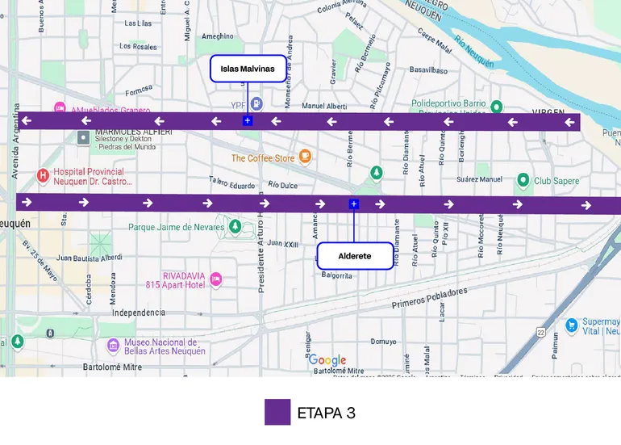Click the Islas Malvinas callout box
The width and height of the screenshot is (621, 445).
248,69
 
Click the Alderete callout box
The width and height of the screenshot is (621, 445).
355,256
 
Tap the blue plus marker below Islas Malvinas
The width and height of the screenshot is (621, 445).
248,120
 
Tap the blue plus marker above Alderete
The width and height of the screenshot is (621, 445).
353,204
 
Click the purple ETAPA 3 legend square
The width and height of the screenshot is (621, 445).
277,412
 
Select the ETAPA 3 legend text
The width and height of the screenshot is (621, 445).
326,413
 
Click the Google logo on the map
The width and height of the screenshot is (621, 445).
327,361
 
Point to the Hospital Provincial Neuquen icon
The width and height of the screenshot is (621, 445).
44,175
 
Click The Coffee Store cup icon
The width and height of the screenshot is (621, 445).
305,156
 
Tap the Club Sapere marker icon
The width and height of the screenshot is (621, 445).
523,180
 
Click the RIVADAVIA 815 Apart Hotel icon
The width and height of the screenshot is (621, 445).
215,279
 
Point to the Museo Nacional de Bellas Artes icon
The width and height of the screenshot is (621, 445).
114,346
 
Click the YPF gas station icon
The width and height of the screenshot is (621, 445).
256,103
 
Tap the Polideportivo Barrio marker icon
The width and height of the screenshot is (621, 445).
497,107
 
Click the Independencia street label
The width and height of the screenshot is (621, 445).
139,313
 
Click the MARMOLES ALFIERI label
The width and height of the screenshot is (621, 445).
133,131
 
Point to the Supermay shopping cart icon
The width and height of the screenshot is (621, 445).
572,325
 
